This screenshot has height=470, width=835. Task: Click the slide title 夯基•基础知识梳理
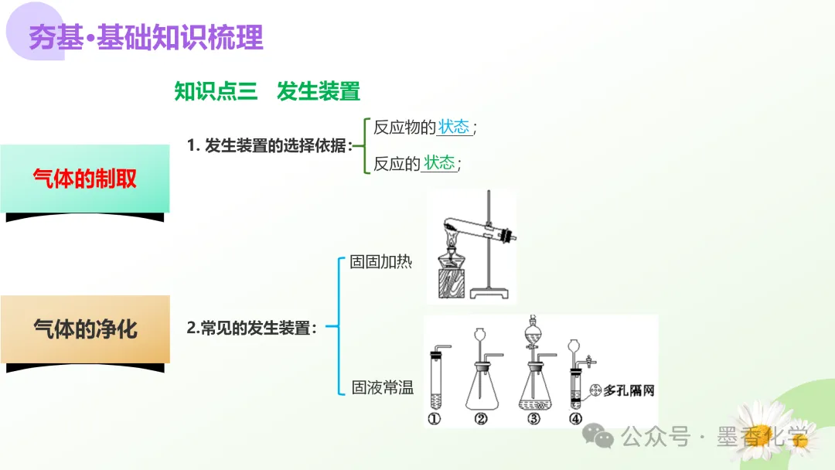(x=146, y=36)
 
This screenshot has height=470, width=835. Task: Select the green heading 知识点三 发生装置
(x=267, y=91)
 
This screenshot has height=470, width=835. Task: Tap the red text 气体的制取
(x=85, y=179)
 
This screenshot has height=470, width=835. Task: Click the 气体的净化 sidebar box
(x=85, y=329)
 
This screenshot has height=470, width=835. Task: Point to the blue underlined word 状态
(x=455, y=127)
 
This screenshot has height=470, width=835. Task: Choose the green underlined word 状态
(x=440, y=162)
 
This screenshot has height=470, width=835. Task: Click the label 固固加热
(x=381, y=261)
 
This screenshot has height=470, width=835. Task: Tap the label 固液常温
(x=383, y=387)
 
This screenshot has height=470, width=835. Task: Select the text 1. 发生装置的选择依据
(x=270, y=145)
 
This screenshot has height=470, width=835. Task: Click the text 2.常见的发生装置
(x=252, y=328)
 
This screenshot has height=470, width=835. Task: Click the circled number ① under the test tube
(x=434, y=420)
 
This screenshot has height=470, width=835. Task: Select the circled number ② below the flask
(x=481, y=420)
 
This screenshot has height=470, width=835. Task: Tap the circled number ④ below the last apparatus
(x=574, y=420)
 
